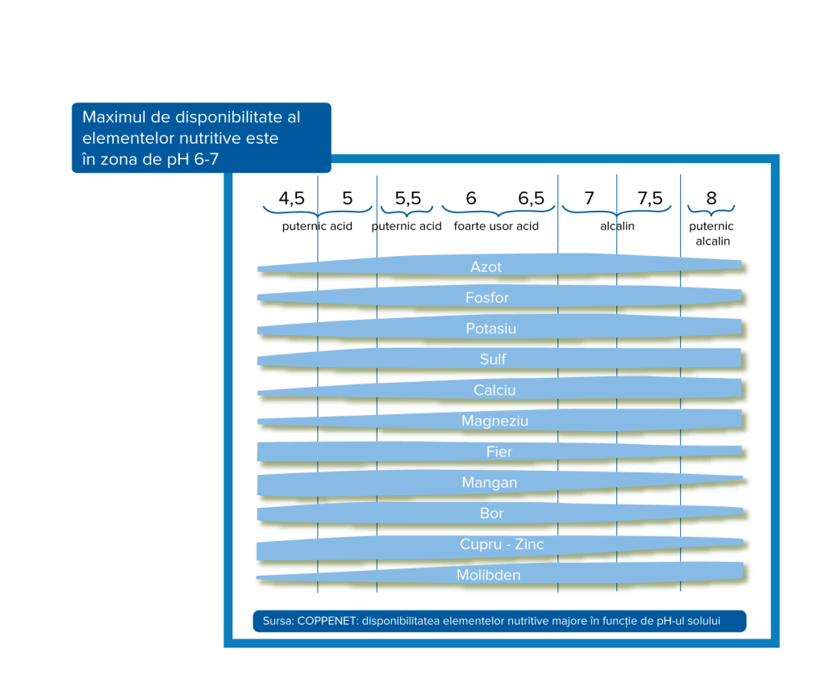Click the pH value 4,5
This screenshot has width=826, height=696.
tap(291, 199)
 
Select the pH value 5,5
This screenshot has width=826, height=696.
tap(407, 199)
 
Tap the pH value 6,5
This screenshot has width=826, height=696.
tap(531, 199)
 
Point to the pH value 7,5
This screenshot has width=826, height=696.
tap(649, 199)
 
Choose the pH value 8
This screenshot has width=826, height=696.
tap(711, 199)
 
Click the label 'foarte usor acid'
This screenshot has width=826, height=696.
tap(496, 226)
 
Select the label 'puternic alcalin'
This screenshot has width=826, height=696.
tap(711, 234)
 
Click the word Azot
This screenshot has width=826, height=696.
tap(486, 266)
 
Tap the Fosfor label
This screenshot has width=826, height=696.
tap(487, 298)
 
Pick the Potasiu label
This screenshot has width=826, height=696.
tap(490, 329)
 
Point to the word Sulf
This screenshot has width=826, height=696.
tap(493, 359)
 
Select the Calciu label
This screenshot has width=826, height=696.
tap(494, 390)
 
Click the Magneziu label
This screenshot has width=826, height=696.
tap(494, 421)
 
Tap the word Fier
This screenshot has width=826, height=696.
tap(499, 451)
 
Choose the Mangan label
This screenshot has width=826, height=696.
tap(489, 483)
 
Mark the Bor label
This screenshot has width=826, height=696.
tap(491, 514)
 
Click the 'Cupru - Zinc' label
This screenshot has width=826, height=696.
tap(502, 544)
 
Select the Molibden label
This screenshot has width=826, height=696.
tap(488, 575)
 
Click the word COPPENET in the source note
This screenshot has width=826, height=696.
tap(327, 621)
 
